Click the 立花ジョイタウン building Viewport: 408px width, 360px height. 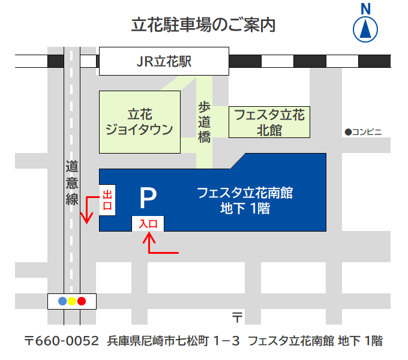click(x=139, y=121)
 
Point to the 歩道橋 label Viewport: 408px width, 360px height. click(x=205, y=122)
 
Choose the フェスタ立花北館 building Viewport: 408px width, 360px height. click(x=269, y=122)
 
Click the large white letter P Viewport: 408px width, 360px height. click(x=148, y=197)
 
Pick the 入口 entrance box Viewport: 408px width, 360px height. click(x=148, y=223)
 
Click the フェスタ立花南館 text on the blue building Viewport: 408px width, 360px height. click(x=245, y=193)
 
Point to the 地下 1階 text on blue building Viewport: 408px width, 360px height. click(x=245, y=209)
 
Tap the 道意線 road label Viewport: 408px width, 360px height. click(x=72, y=183)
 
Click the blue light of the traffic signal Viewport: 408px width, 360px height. click(x=62, y=301)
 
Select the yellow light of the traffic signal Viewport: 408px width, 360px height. click(x=72, y=301)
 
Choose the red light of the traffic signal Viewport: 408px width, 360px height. click(x=82, y=301)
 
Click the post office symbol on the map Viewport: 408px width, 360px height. click(x=237, y=316)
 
